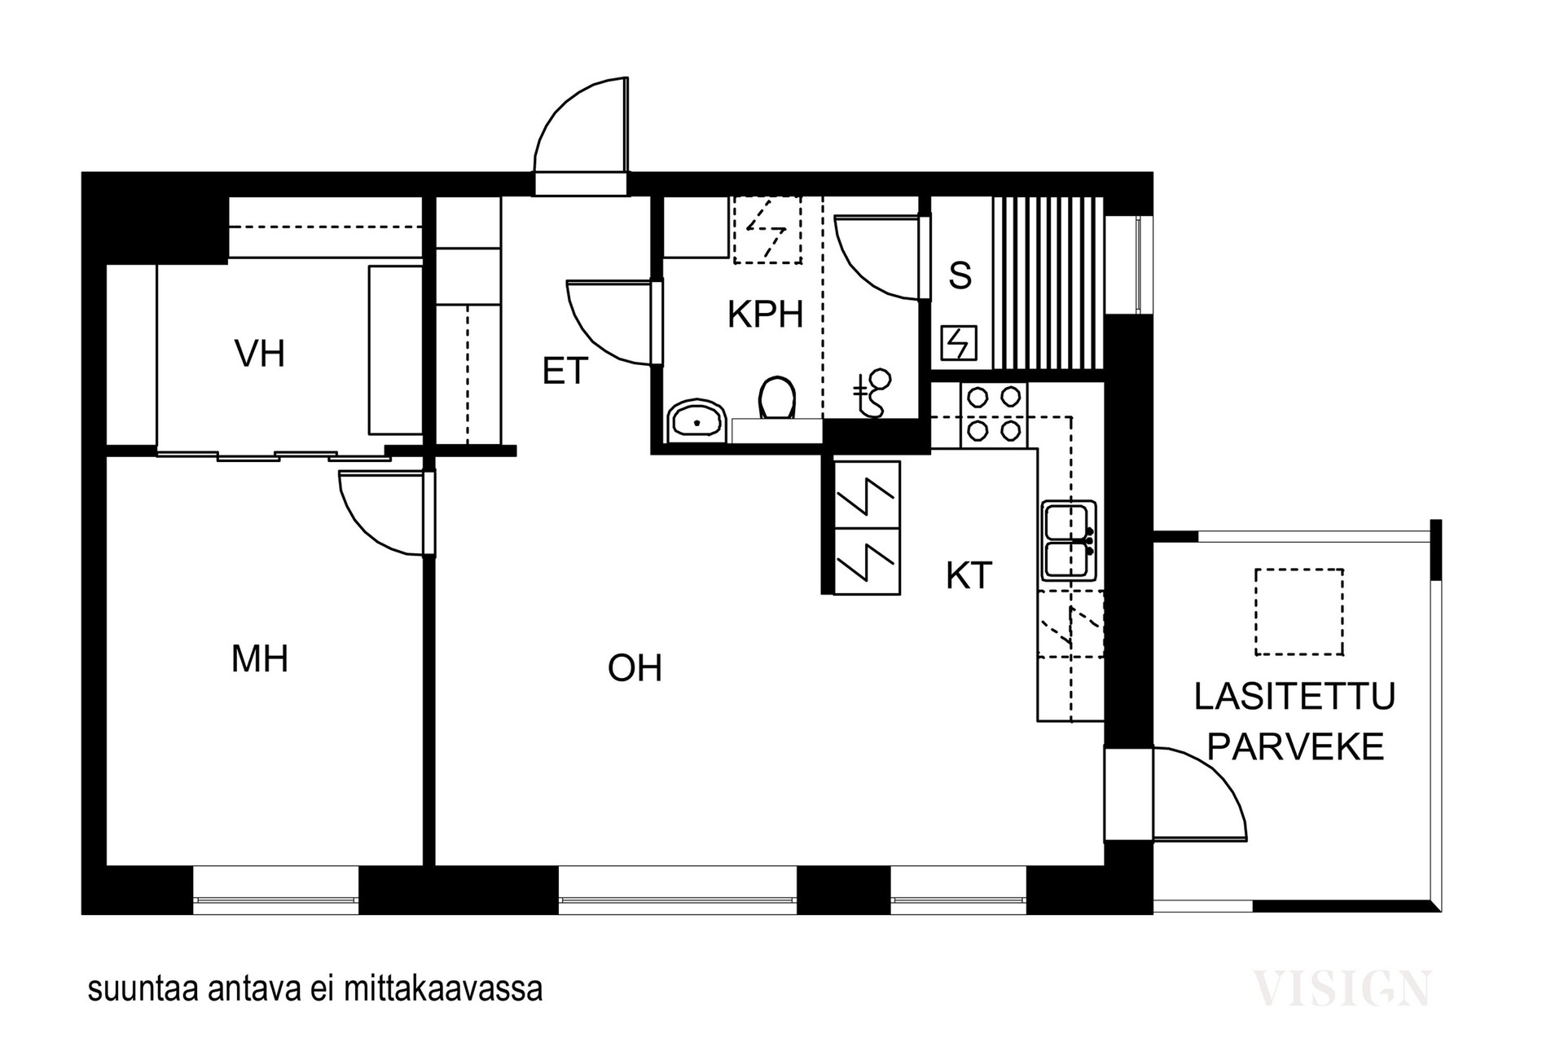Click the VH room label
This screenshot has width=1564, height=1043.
point(259,354)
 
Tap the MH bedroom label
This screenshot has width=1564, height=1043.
point(259,658)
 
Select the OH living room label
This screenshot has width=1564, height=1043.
point(635,668)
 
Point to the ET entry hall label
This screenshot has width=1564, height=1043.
point(565,372)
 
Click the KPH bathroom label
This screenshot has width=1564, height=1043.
point(765,315)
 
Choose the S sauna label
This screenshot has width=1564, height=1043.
point(960,276)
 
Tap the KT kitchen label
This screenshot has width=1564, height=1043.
point(969,576)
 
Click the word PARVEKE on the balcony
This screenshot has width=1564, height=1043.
point(1295,746)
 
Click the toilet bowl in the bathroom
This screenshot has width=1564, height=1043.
point(776,399)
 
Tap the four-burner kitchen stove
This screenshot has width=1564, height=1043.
point(994,414)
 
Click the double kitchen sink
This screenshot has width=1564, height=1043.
point(1069,540)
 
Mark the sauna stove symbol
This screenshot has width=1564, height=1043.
point(959,343)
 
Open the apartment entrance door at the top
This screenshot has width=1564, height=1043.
point(580,130)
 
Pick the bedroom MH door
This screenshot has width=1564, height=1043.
point(383,513)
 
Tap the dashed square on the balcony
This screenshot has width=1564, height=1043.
point(1298,612)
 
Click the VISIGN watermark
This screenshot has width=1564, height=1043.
point(1341,988)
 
